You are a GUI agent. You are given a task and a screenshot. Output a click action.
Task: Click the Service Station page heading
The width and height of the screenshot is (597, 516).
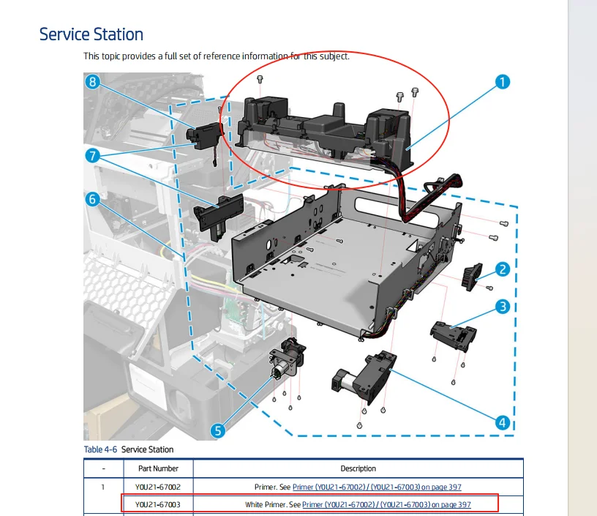(91, 34)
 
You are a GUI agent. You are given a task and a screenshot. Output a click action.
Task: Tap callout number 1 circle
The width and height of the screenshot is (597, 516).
(502, 82)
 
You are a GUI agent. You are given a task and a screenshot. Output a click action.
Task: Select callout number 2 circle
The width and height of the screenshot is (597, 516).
(503, 269)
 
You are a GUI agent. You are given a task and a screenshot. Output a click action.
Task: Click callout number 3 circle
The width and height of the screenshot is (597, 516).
(503, 307)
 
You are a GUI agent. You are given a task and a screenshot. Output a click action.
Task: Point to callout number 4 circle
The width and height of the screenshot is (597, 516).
(502, 422)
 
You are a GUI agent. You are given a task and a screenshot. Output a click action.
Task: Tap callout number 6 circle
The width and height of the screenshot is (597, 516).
(92, 198)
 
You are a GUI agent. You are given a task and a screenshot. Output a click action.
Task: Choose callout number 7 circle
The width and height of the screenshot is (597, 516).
(92, 155)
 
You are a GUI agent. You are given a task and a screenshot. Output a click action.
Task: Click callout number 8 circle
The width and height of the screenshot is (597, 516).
(92, 82)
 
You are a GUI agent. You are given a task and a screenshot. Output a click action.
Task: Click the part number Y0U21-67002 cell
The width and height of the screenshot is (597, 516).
(157, 487)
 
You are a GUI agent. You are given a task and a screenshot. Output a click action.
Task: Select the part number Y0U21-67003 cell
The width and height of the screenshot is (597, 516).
(157, 504)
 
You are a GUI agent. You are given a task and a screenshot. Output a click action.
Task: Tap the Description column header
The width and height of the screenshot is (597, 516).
(358, 468)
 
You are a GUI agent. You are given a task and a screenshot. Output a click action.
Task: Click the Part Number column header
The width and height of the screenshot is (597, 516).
(157, 468)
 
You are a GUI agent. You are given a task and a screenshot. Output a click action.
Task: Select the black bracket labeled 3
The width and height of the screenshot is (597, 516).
(452, 334)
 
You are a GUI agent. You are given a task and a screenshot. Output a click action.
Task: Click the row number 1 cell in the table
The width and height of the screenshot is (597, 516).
(102, 487)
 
